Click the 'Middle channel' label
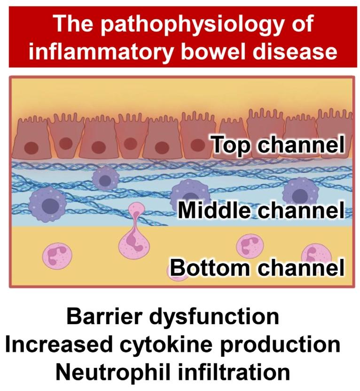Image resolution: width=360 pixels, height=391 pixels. [x=258, y=211]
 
